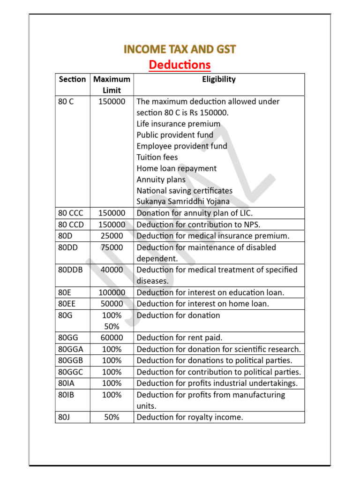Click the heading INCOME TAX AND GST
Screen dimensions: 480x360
point(180,49)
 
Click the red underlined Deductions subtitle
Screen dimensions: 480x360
point(180,64)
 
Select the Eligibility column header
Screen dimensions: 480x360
point(219,79)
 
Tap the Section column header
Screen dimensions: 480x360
point(72,79)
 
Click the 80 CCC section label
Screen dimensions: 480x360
point(71,213)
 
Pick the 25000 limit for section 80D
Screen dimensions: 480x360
point(112,236)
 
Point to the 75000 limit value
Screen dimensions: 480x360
point(112,247)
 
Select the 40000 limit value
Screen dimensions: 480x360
point(112,270)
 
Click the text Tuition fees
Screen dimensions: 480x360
point(157,157)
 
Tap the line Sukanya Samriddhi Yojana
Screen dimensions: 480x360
point(183,202)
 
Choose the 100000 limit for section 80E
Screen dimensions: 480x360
point(112,292)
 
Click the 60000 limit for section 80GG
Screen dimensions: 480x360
point(112,337)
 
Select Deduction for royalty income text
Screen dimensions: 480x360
point(190,417)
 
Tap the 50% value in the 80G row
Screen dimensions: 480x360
point(112,326)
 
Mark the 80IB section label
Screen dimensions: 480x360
point(66,395)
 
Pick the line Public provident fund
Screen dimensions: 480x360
point(175,135)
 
